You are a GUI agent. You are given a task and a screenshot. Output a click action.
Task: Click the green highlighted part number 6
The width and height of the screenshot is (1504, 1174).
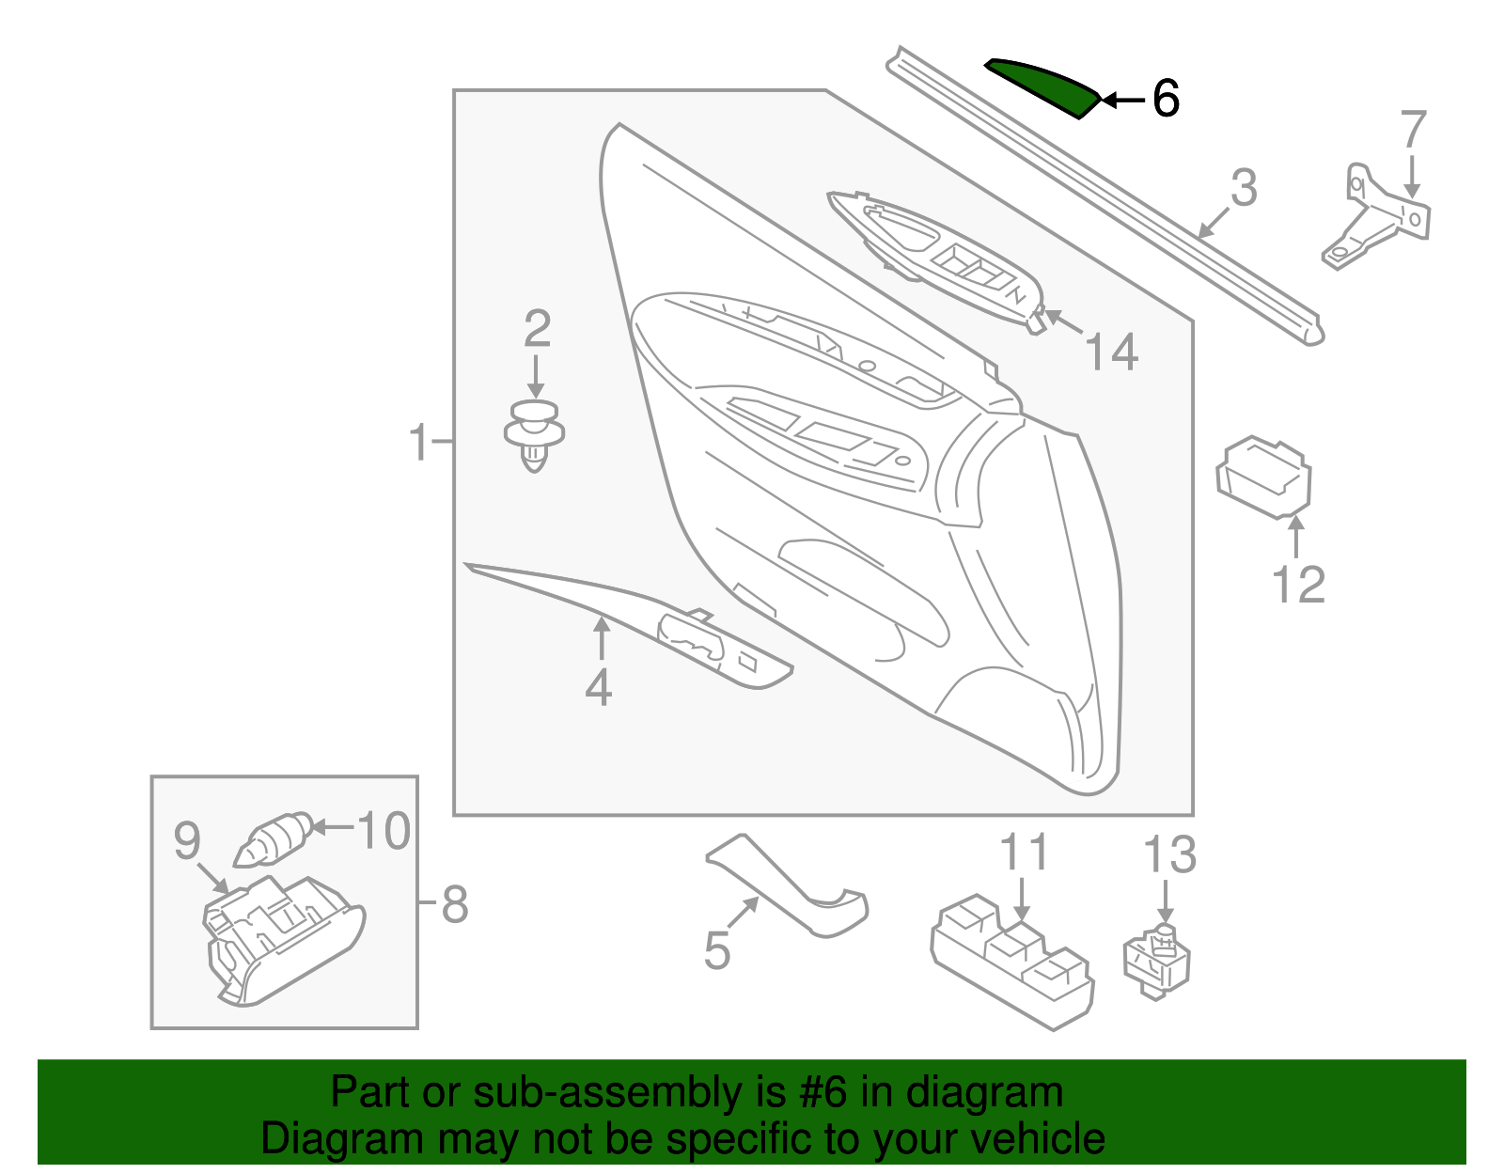point(1043,86)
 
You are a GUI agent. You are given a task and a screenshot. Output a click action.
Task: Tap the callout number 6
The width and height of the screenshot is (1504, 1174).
point(1166,99)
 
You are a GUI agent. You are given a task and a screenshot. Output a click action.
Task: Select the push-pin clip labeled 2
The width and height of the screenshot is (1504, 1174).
point(534,435)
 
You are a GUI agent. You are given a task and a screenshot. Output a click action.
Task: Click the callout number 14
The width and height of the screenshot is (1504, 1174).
point(1111,352)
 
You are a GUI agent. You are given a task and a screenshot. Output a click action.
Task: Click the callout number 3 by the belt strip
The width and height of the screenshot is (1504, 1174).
point(1244,188)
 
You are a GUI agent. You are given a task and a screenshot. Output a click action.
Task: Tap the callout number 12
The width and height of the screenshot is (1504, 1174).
point(1298,585)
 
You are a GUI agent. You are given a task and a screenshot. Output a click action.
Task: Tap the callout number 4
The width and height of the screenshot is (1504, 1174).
point(599,688)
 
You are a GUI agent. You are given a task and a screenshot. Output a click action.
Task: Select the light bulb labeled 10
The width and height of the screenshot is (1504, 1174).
point(273,839)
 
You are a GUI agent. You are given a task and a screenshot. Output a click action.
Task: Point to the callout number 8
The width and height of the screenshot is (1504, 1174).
point(454,904)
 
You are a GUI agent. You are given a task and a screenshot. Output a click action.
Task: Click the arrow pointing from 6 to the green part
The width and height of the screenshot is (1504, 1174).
point(1123,99)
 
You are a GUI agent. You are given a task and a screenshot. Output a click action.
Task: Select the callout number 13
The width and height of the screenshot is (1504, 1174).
point(1168,855)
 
